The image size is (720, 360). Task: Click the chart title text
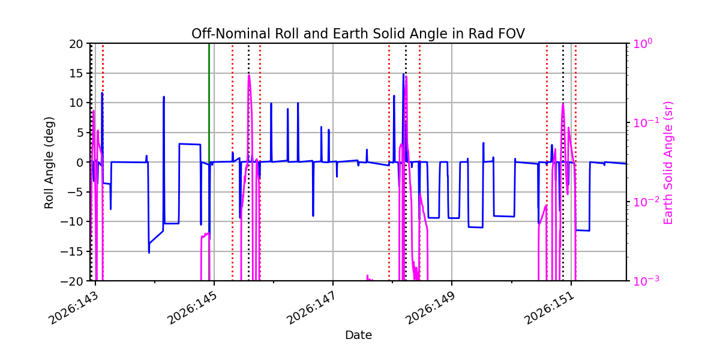tap(358, 34)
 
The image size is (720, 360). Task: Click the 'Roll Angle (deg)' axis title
tap(49, 163)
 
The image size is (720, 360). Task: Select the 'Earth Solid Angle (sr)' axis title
tap(668, 163)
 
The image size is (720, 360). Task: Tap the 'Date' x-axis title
tap(358, 335)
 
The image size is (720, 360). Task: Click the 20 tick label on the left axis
tap(76, 44)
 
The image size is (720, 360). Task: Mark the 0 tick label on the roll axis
tap(80, 163)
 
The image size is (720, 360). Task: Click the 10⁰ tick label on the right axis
tap(643, 43)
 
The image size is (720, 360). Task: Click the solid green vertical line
tap(209, 162)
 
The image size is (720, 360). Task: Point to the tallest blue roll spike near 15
tap(403, 74)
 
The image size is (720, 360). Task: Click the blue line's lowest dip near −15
tap(149, 253)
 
